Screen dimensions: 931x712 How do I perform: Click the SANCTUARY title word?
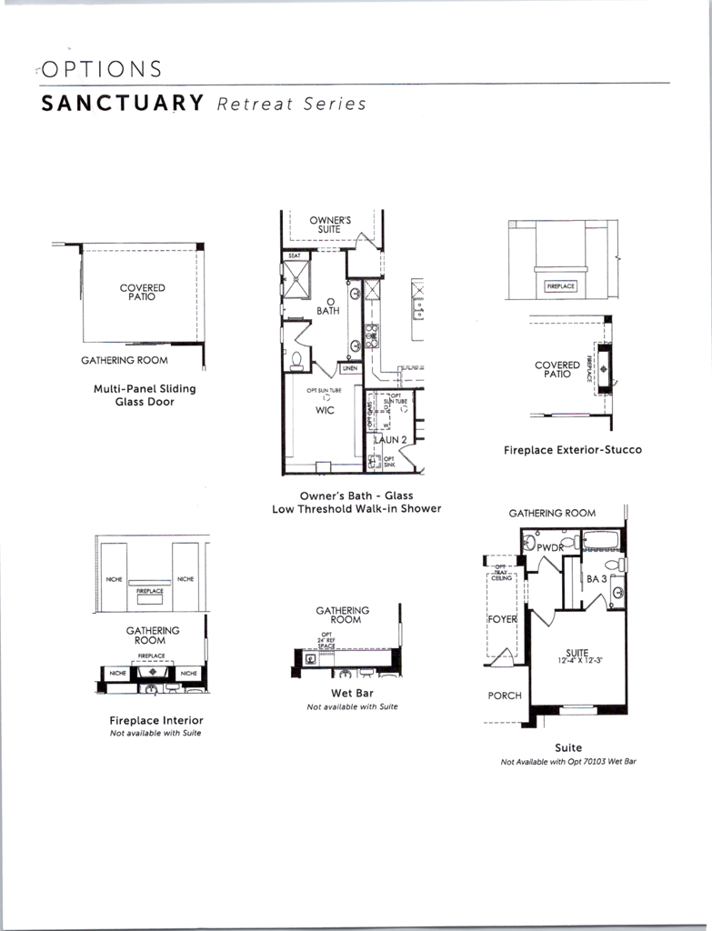pyautogui.click(x=122, y=103)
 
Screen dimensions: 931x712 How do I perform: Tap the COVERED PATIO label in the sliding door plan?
pyautogui.click(x=143, y=292)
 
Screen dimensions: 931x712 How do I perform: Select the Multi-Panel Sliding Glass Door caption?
pyautogui.click(x=145, y=395)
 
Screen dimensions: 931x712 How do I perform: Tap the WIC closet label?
pyautogui.click(x=325, y=410)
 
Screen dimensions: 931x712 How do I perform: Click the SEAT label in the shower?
pyautogui.click(x=295, y=256)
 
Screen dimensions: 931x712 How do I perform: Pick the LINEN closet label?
pyautogui.click(x=350, y=368)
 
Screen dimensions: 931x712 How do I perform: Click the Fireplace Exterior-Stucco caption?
pyautogui.click(x=573, y=449)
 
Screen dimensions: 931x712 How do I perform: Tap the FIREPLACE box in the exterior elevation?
pyautogui.click(x=561, y=286)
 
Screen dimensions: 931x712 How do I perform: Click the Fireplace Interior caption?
pyautogui.click(x=156, y=720)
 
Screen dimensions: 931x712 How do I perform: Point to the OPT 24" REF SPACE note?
pyautogui.click(x=327, y=640)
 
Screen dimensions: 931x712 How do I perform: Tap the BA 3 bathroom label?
pyautogui.click(x=597, y=578)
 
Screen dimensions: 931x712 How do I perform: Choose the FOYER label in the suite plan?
pyautogui.click(x=502, y=619)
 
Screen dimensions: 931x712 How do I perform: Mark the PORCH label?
pyautogui.click(x=505, y=696)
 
